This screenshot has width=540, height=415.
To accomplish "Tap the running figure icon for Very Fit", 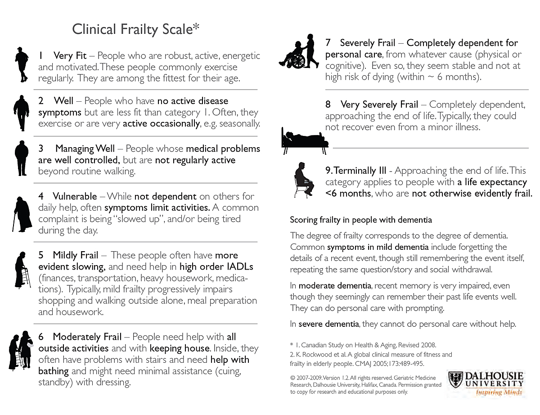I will point(21,64).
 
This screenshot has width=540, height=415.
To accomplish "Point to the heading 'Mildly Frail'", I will point(75,255).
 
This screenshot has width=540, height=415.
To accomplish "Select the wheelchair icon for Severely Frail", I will point(298,51).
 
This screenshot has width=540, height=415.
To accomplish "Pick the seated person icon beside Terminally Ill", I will point(304,180).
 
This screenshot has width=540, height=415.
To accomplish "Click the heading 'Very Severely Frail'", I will point(379,105).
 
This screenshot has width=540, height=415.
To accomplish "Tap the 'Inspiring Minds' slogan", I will point(499,392).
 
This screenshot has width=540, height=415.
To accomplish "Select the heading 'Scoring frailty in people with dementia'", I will point(361,220).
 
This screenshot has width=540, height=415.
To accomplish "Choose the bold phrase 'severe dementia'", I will point(328,324).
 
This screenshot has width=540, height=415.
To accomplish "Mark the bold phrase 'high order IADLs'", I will point(216,267).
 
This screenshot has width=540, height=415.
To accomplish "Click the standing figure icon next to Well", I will point(21,113).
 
